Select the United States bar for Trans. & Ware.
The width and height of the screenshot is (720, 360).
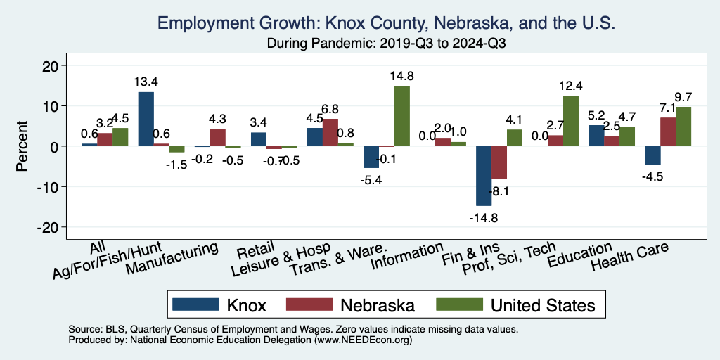click(x=401, y=116)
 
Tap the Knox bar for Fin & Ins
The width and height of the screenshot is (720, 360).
click(x=484, y=176)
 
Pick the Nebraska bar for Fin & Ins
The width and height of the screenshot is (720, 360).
click(x=499, y=162)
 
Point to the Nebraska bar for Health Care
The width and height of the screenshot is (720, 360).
click(x=667, y=131)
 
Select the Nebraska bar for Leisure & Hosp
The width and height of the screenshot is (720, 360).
click(x=330, y=132)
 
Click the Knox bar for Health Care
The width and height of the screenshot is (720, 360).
click(x=652, y=155)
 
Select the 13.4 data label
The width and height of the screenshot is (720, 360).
click(x=146, y=82)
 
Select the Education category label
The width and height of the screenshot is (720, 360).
click(x=580, y=255)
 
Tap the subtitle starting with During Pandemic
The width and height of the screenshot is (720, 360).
click(x=387, y=43)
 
